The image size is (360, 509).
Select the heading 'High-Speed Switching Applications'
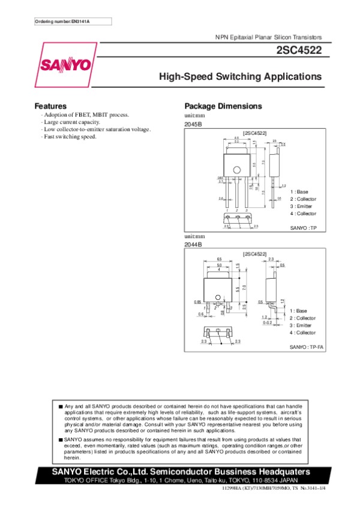240,77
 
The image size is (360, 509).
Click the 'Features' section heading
50,106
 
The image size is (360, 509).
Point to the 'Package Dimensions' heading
223,106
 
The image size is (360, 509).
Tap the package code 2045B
193,124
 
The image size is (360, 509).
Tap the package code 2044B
193,245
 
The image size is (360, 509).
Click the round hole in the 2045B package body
237,169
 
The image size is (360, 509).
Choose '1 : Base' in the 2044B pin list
298,311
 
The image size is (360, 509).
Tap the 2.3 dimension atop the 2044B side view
271,259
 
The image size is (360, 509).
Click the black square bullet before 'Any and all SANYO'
61,406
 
